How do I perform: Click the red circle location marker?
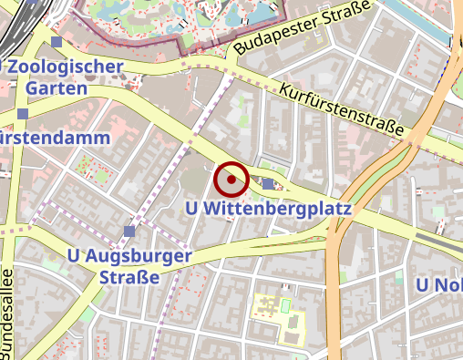pyautogui.click(x=231, y=180)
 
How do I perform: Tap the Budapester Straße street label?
pyautogui.click(x=302, y=26)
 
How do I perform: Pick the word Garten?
pyautogui.click(x=57, y=88)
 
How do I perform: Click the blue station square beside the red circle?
pyautogui.click(x=267, y=184)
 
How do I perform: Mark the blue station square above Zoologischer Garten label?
pyautogui.click(x=57, y=42)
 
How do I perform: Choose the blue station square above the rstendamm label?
pyautogui.click(x=22, y=114)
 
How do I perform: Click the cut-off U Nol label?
pyautogui.click(x=439, y=285)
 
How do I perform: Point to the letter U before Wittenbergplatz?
pyautogui.click(x=190, y=209)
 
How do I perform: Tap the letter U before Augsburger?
pyautogui.click(x=74, y=256)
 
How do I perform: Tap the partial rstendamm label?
pyautogui.click(x=57, y=139)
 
